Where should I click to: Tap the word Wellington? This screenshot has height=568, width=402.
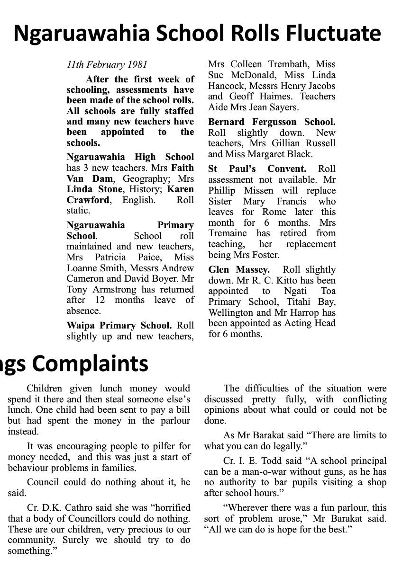pyautogui.click(x=231, y=313)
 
